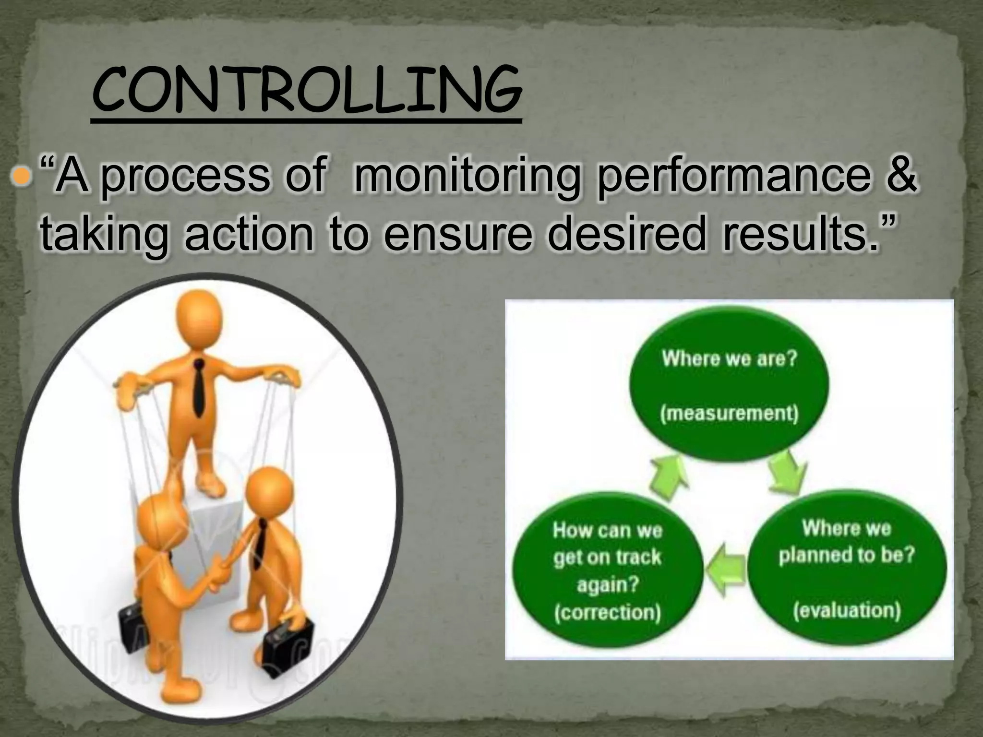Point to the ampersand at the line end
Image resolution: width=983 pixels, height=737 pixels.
(x=900, y=176)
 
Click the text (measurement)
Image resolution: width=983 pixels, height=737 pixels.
(x=729, y=413)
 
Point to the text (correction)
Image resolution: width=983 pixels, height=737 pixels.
(x=607, y=613)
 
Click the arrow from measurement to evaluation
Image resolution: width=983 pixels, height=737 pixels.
(x=787, y=473)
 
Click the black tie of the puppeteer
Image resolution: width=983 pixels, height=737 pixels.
(x=198, y=388)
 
